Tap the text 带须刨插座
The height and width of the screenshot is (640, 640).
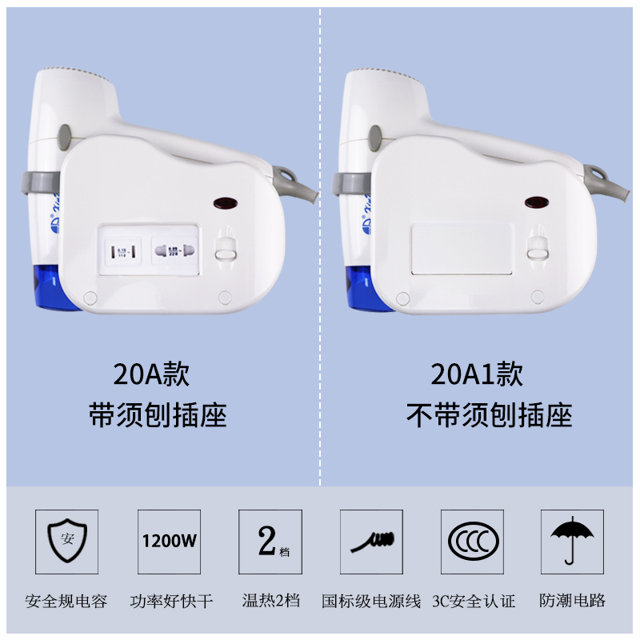157,415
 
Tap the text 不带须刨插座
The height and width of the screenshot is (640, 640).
489,415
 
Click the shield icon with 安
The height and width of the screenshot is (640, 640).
66,541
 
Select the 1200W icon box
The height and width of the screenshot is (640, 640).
169,541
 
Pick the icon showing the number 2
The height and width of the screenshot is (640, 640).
270,541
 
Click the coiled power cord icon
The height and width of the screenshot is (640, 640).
372,541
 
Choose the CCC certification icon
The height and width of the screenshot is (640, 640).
473,541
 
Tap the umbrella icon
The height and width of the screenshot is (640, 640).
573,541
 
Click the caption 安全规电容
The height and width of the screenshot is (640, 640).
66,601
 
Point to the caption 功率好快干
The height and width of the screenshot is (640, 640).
171,601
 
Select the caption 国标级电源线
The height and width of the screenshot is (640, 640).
371,601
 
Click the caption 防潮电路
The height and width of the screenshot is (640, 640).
573,601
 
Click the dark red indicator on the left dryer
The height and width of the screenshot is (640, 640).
226,204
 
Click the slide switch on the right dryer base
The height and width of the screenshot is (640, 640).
537,248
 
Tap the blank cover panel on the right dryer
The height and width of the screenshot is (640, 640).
460,250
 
